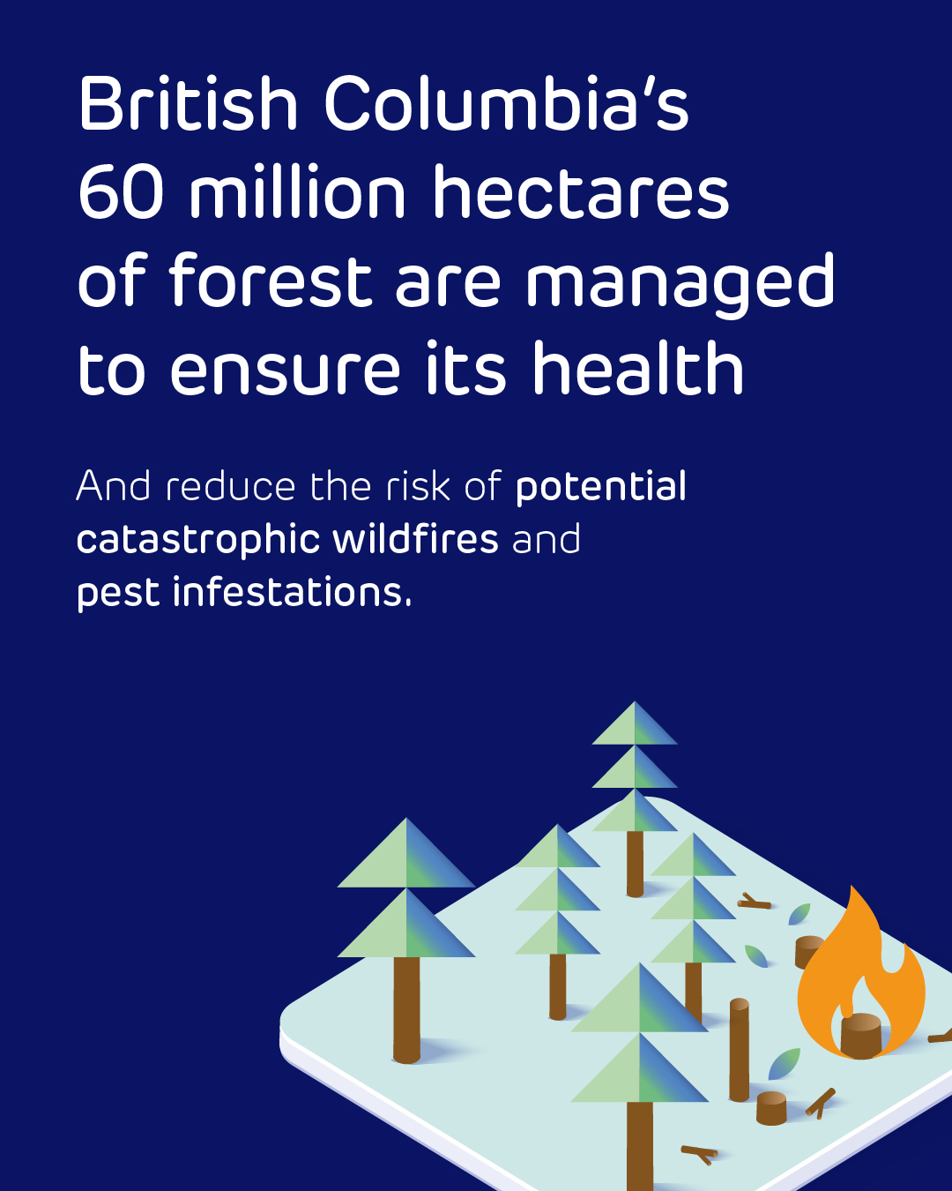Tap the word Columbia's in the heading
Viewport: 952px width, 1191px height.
tap(507, 103)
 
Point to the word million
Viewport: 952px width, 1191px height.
tap(298, 191)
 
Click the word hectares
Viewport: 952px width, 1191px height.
tap(581, 191)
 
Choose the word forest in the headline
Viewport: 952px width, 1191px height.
tap(271, 279)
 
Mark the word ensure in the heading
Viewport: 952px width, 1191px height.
tap(285, 368)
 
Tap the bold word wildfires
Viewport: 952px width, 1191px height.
tap(415, 538)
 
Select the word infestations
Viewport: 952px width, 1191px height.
tap(292, 591)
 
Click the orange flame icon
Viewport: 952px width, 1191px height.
tap(861, 973)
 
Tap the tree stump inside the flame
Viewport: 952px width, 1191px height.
tap(861, 1036)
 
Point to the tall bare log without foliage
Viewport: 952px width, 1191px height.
tap(739, 1048)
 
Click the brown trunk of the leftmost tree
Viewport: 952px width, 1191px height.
tap(406, 1010)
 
